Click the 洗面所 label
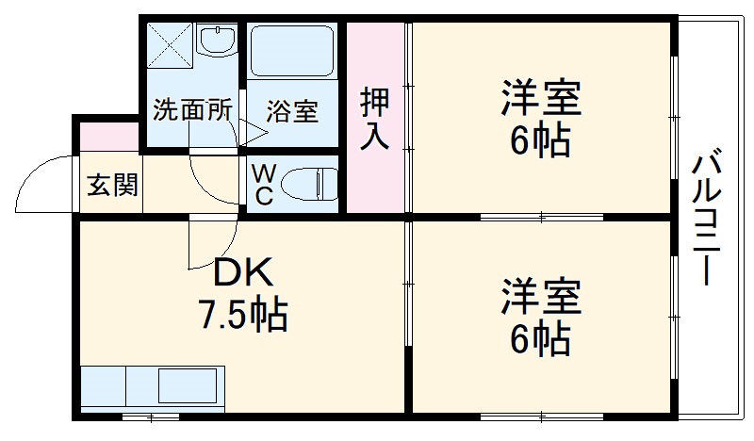pos(192,109)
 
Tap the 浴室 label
pos(291,111)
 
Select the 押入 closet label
pos(374,118)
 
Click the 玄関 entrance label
pos(112,185)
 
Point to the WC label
pos(264,185)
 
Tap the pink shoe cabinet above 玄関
pos(107,134)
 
